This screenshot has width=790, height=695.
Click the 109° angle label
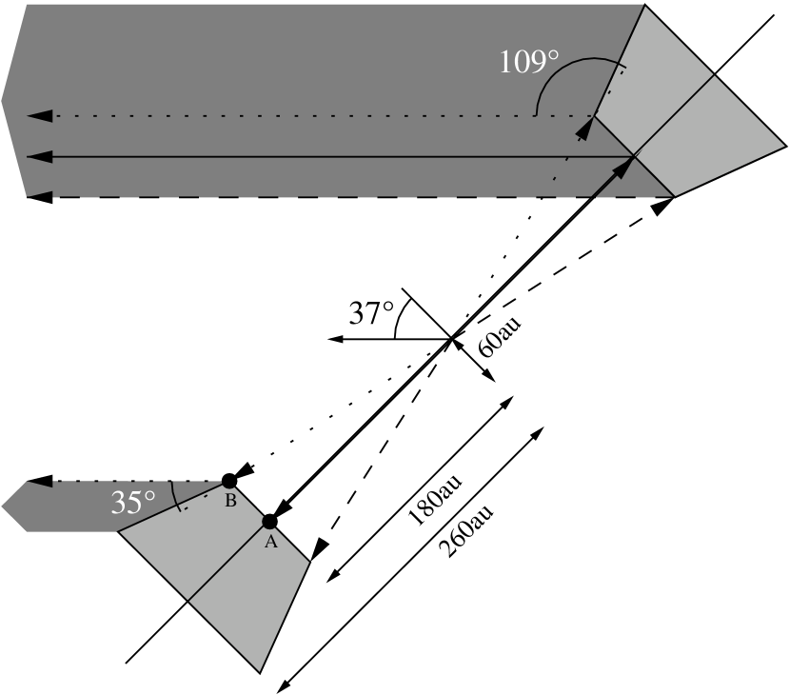coord(529,63)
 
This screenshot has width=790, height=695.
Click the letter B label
coord(230,502)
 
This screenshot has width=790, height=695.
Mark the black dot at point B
coord(229,481)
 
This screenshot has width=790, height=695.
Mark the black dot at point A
coord(269,521)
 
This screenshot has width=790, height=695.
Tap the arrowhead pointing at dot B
coord(245,473)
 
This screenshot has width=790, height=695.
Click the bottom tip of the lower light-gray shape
coord(260,670)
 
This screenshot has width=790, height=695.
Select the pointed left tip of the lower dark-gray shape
coord(3,506)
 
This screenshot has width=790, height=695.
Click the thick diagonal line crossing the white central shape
coord(452,337)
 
